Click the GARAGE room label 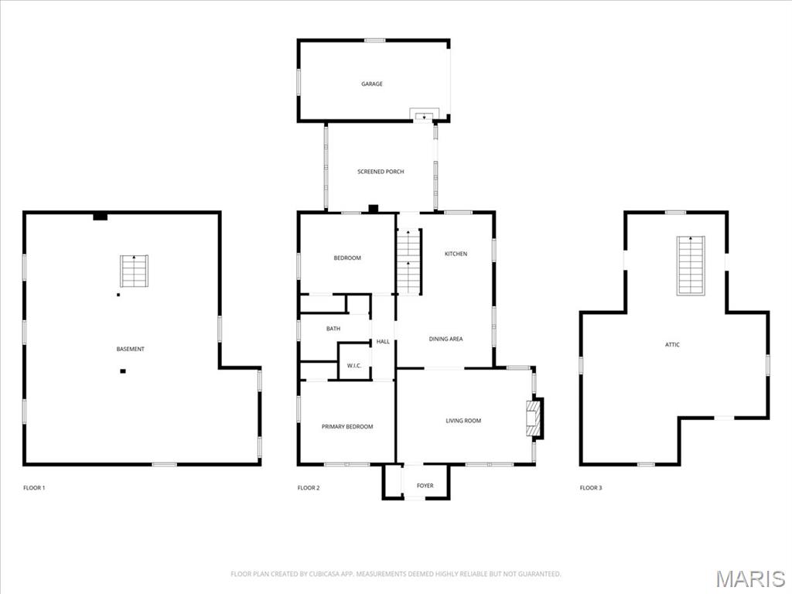tap(372, 84)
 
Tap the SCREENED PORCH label tap(381, 172)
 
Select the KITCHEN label tap(456, 254)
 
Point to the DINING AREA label tap(445, 339)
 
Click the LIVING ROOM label tap(463, 420)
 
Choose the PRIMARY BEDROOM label tap(347, 426)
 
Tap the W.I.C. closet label tap(354, 366)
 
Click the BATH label tap(333, 328)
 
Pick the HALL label tap(383, 341)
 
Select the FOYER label tap(425, 486)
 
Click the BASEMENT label tap(130, 349)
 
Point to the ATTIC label tap(672, 344)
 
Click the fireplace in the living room tap(535, 418)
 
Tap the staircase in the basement tap(134, 271)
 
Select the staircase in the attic tap(691, 265)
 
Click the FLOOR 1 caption tap(34, 488)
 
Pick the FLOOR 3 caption tap(591, 488)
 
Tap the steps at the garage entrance tap(425, 115)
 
